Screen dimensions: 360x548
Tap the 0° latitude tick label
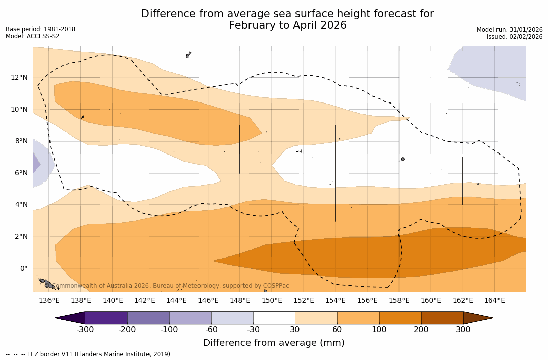pos(23,269)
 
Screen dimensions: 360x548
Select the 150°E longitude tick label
pos(272,301)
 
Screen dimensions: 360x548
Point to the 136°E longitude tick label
pos(49,301)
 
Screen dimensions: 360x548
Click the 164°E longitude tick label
pos(494,301)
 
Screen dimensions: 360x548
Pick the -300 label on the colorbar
pos(85,330)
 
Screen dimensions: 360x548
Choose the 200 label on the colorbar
pos(421,330)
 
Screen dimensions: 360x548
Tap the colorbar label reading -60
pos(211,330)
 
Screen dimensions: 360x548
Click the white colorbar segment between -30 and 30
pos(274,318)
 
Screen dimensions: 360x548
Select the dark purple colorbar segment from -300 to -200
pos(106,318)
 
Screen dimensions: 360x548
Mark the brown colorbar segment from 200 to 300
pos(442,318)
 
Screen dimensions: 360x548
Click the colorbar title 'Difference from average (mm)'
pos(274,343)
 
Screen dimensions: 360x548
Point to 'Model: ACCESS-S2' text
pos(32,36)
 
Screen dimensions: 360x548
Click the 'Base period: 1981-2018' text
pos(40,29)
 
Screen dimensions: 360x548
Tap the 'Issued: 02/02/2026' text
pos(515,37)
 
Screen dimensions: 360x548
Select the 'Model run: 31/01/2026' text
pos(510,30)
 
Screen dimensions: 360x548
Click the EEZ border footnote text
pos(89,354)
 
